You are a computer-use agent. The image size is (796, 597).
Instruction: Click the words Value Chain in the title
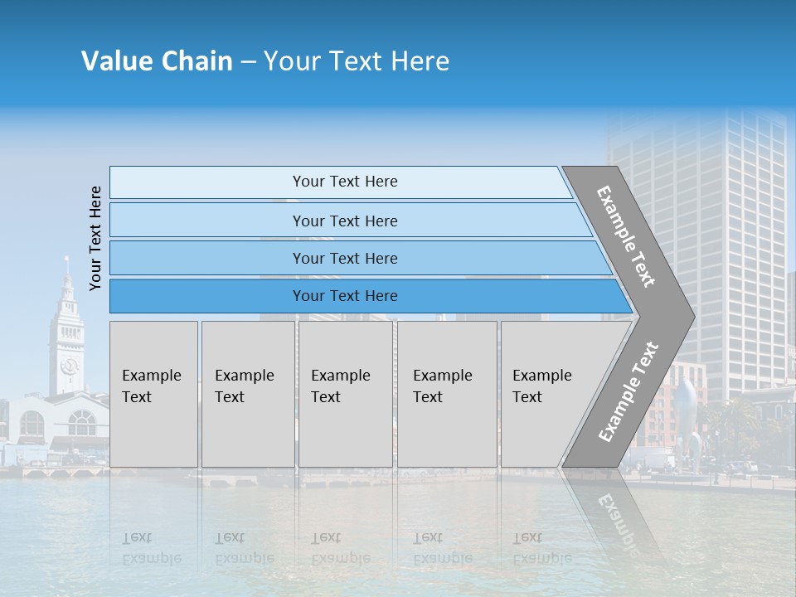click(x=157, y=61)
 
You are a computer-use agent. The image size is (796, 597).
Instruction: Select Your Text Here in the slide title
click(x=357, y=61)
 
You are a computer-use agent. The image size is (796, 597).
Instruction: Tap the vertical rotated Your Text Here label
click(x=95, y=238)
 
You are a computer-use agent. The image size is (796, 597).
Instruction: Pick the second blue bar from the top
click(x=345, y=221)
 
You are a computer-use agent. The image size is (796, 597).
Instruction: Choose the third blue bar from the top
click(x=345, y=258)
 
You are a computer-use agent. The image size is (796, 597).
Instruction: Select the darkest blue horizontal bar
click(x=345, y=296)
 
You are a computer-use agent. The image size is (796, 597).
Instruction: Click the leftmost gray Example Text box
click(x=153, y=393)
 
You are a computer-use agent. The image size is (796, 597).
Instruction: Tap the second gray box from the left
click(x=247, y=393)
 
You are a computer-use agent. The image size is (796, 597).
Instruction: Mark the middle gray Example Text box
click(x=345, y=393)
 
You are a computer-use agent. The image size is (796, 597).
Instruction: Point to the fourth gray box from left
click(x=446, y=393)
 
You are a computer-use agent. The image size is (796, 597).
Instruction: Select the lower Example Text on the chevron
click(x=629, y=391)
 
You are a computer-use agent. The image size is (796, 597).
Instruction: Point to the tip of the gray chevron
click(x=692, y=315)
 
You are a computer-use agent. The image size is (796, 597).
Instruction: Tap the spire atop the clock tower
click(x=66, y=267)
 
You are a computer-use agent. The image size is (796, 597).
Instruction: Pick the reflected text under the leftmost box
click(x=151, y=548)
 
